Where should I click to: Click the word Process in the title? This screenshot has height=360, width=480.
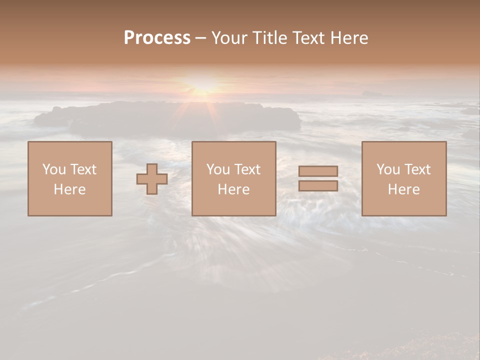(x=157, y=38)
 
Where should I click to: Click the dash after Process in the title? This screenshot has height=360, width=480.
(x=200, y=38)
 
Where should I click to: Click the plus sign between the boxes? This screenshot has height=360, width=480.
(x=152, y=179)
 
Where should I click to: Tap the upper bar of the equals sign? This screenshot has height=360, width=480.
(x=318, y=171)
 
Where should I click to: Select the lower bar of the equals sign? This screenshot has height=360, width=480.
(x=318, y=186)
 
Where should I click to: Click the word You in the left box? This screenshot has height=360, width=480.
(x=53, y=169)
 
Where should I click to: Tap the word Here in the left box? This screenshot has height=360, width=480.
(x=69, y=189)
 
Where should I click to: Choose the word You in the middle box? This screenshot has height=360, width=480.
(x=217, y=169)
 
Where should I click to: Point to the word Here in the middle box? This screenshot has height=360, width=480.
(x=233, y=189)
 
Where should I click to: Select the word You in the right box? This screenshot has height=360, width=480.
(x=388, y=169)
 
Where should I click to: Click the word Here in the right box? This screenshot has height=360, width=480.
(x=403, y=189)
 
